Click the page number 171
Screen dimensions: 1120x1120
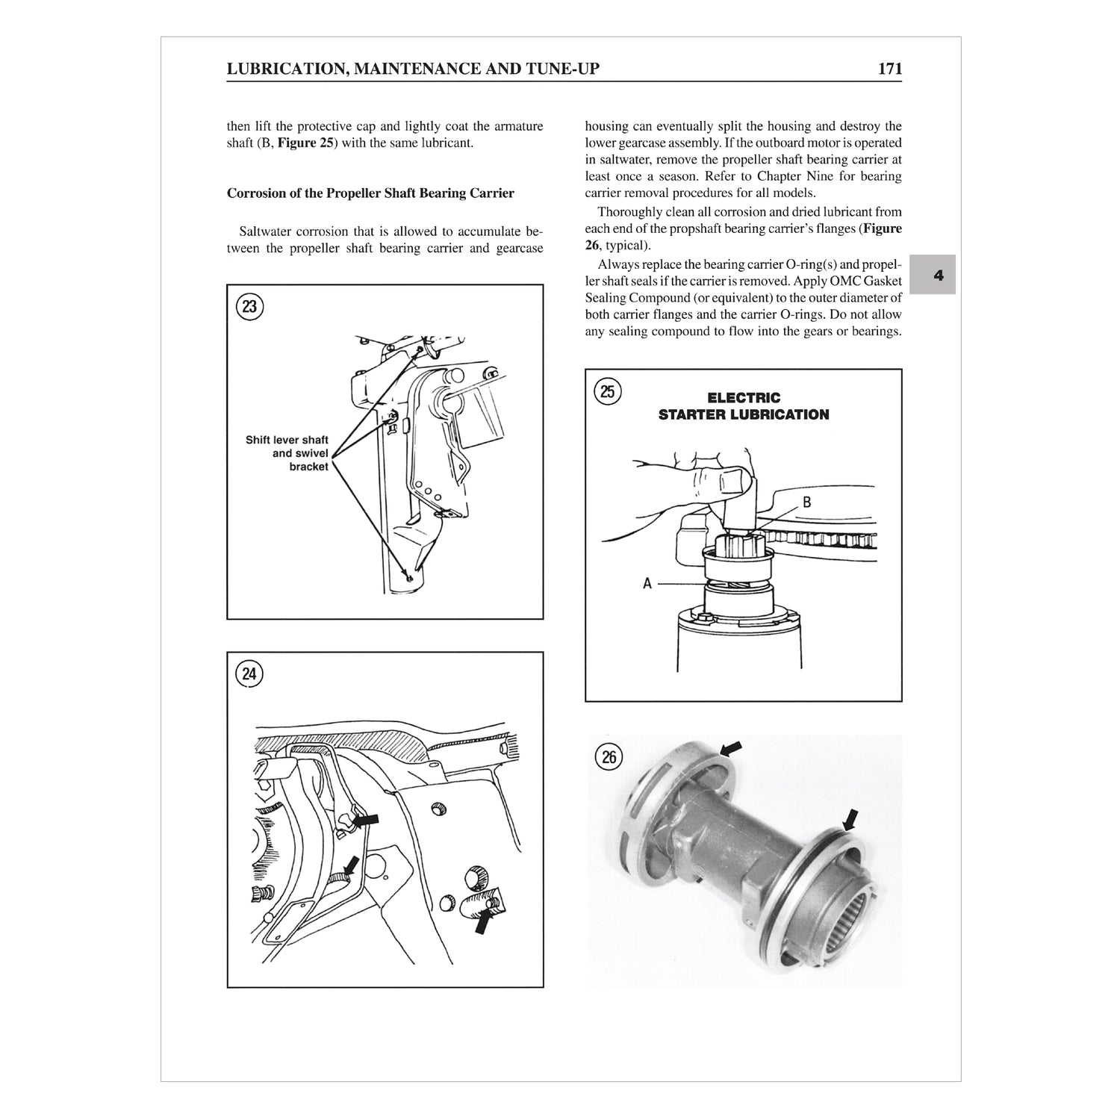[x=889, y=69]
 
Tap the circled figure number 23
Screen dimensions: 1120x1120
[x=249, y=307]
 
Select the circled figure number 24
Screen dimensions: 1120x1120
[x=249, y=675]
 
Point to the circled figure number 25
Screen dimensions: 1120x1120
[x=608, y=391]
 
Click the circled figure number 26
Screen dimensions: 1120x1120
[x=609, y=757]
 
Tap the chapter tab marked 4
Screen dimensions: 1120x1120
[x=939, y=275]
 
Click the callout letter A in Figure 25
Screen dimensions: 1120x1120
[x=647, y=584]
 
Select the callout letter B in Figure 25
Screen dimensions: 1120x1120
[x=806, y=503]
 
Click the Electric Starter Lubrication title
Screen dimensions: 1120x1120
[x=743, y=406]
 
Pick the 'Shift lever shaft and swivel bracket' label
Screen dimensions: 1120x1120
[x=287, y=453]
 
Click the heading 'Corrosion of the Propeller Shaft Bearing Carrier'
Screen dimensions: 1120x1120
[x=370, y=193]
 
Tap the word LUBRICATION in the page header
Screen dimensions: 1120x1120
[x=284, y=69]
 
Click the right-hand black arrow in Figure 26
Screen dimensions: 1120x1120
[x=850, y=819]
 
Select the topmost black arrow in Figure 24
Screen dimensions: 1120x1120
[x=365, y=820]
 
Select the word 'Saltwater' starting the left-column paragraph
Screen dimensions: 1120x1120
[x=265, y=231]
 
